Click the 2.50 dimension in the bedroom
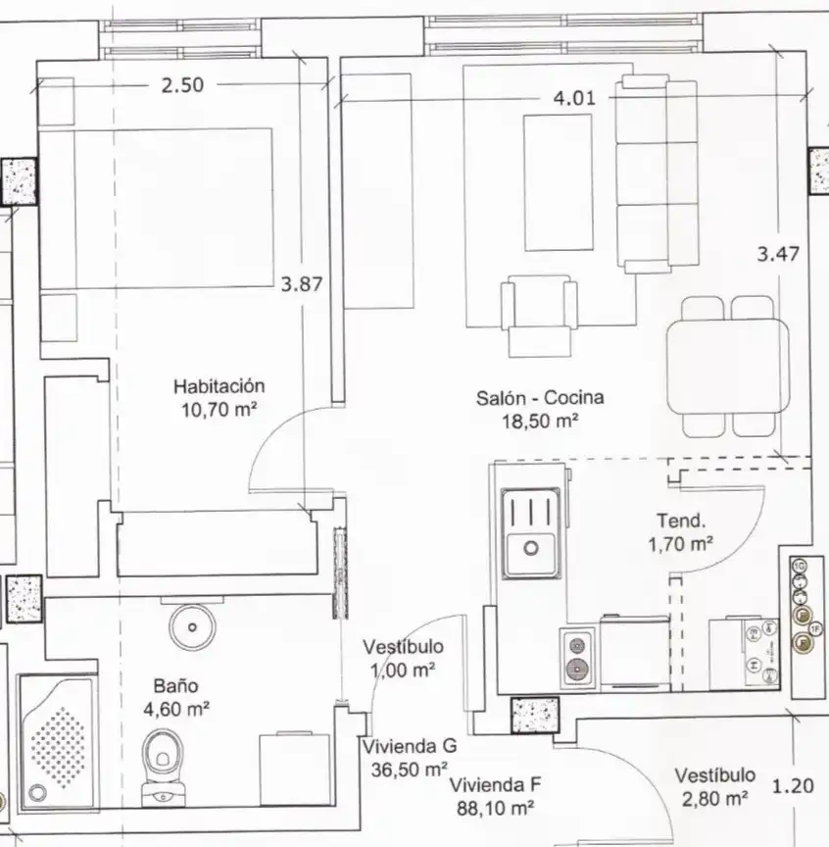tap(182, 85)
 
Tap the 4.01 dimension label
tap(574, 98)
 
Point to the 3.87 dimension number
tap(302, 284)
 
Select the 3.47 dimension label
tap(778, 254)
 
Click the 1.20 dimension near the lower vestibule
tap(793, 785)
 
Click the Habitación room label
tap(219, 386)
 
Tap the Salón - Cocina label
tap(540, 398)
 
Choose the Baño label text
tap(176, 686)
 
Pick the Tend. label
tap(681, 521)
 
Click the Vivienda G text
tap(410, 747)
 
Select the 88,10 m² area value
tap(495, 808)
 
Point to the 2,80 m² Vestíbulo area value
tap(714, 798)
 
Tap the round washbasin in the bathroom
tap(192, 627)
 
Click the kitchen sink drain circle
tap(531, 548)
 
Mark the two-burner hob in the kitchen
tap(577, 658)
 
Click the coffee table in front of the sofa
tap(559, 182)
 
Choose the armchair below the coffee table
tap(539, 316)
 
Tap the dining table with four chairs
tap(727, 367)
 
